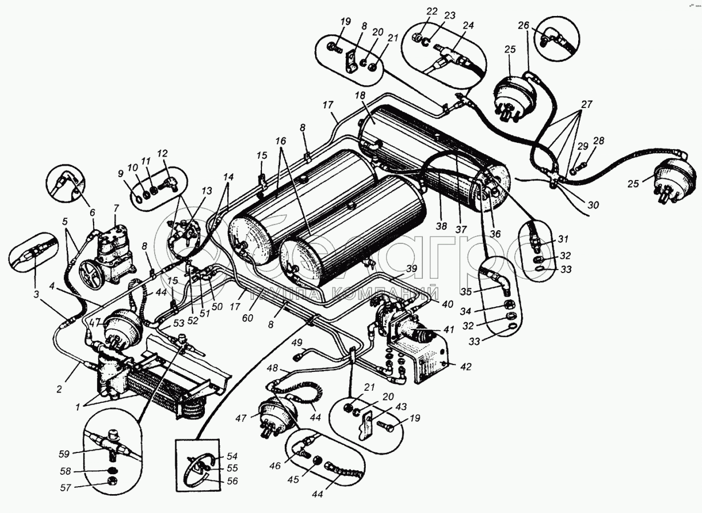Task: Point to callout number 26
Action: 524,25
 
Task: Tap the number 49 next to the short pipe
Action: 297,342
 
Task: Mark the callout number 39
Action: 412,268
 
